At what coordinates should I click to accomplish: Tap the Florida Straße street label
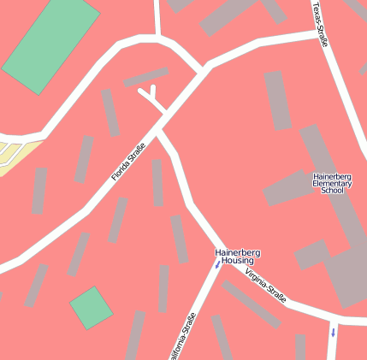pyautogui.click(x=128, y=162)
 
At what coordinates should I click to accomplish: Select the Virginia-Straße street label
pyautogui.click(x=265, y=285)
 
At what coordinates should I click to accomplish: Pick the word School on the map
pyautogui.click(x=332, y=191)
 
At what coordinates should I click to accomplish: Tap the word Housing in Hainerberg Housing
pyautogui.click(x=237, y=260)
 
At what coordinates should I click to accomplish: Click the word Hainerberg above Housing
pyautogui.click(x=237, y=252)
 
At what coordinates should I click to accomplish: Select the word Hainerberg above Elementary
pyautogui.click(x=333, y=175)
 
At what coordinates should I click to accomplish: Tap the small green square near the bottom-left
pyautogui.click(x=91, y=308)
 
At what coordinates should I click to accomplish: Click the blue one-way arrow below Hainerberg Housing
pyautogui.click(x=217, y=266)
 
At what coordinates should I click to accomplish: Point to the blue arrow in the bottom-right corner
pyautogui.click(x=333, y=331)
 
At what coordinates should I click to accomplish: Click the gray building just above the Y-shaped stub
pyautogui.click(x=145, y=77)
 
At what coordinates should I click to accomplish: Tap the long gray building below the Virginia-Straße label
pyautogui.click(x=252, y=304)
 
